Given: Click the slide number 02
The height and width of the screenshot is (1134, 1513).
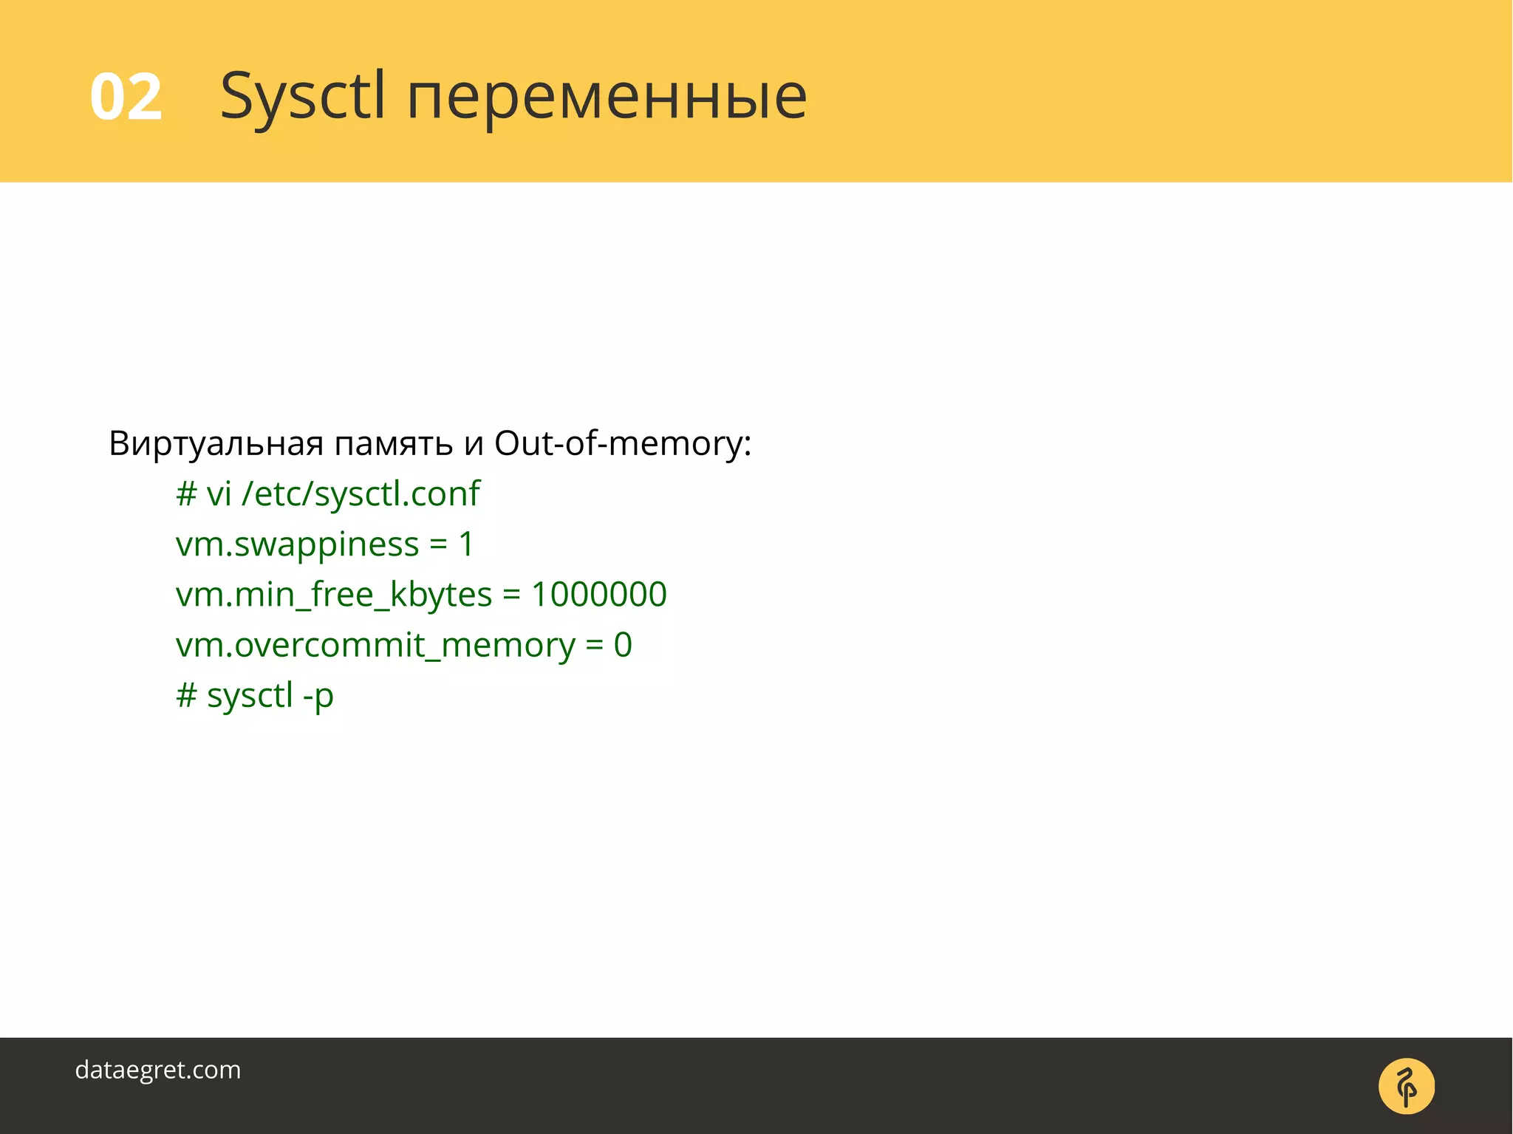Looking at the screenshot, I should [126, 97].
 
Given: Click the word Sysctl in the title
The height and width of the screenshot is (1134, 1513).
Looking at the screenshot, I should [303, 97].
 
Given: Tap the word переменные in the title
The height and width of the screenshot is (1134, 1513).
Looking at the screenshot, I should [607, 98].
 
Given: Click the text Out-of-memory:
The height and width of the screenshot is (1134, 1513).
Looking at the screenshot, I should [622, 443].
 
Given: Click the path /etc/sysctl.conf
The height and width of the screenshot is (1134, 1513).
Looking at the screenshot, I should [366, 493].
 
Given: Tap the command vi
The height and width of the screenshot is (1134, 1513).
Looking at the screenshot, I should [219, 493].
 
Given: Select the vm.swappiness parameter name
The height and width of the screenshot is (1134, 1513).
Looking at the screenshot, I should [297, 544].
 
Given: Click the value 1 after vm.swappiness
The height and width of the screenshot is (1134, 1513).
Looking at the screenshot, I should [466, 544].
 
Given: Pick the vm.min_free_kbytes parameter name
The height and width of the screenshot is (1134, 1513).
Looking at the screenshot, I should [333, 595].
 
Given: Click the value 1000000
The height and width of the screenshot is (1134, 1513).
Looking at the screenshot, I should [598, 595].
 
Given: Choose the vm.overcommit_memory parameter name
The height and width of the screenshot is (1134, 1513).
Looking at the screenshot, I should [375, 645].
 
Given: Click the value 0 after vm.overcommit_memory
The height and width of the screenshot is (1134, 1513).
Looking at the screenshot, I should [623, 645].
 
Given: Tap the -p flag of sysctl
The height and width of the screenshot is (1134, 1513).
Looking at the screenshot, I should [318, 696].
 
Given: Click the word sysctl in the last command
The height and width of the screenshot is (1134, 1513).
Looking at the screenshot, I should [250, 696].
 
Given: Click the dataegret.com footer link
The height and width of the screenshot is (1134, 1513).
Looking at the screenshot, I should [158, 1070].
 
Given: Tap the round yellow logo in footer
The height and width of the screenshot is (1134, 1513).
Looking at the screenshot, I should [1406, 1086].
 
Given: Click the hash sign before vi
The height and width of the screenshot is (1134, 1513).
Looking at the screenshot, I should [186, 493].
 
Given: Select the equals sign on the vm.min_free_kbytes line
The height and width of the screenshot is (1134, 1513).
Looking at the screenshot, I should [511, 595].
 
